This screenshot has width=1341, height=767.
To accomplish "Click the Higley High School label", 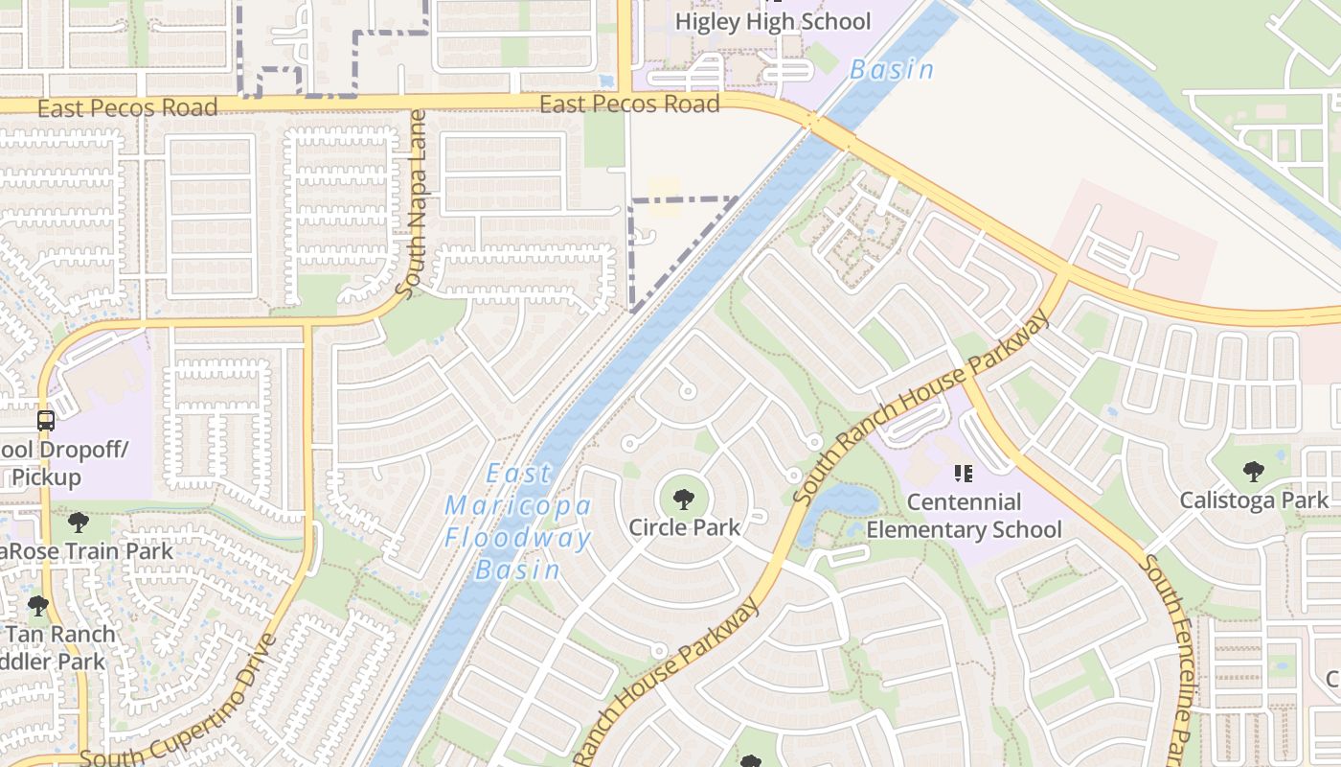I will [773, 21].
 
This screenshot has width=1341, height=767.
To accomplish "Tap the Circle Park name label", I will [684, 526].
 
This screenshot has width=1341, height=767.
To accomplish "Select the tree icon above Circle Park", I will [684, 499].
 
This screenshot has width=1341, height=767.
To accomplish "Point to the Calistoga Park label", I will [1254, 500].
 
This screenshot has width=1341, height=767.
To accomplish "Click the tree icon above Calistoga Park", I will [1253, 471].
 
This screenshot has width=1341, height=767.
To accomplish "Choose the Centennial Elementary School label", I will [964, 516].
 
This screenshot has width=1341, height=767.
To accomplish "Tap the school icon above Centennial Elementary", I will [964, 473].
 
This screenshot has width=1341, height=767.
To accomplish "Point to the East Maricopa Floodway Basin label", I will [518, 522].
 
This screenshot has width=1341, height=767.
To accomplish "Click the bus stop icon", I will [45, 420].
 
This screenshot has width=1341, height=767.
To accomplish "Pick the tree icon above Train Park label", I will [79, 523].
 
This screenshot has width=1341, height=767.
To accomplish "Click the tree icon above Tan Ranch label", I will [38, 606].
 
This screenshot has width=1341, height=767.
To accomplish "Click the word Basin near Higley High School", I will [892, 70].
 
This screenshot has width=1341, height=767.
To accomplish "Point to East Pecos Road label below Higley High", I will [629, 104].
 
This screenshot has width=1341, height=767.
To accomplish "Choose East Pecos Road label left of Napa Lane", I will [127, 108].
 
